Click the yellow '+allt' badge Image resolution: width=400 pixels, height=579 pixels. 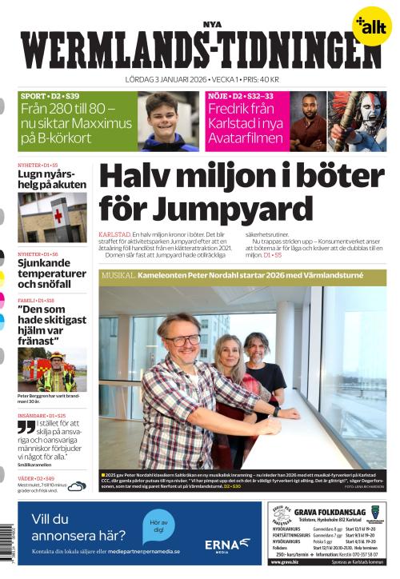[x=370, y=26]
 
